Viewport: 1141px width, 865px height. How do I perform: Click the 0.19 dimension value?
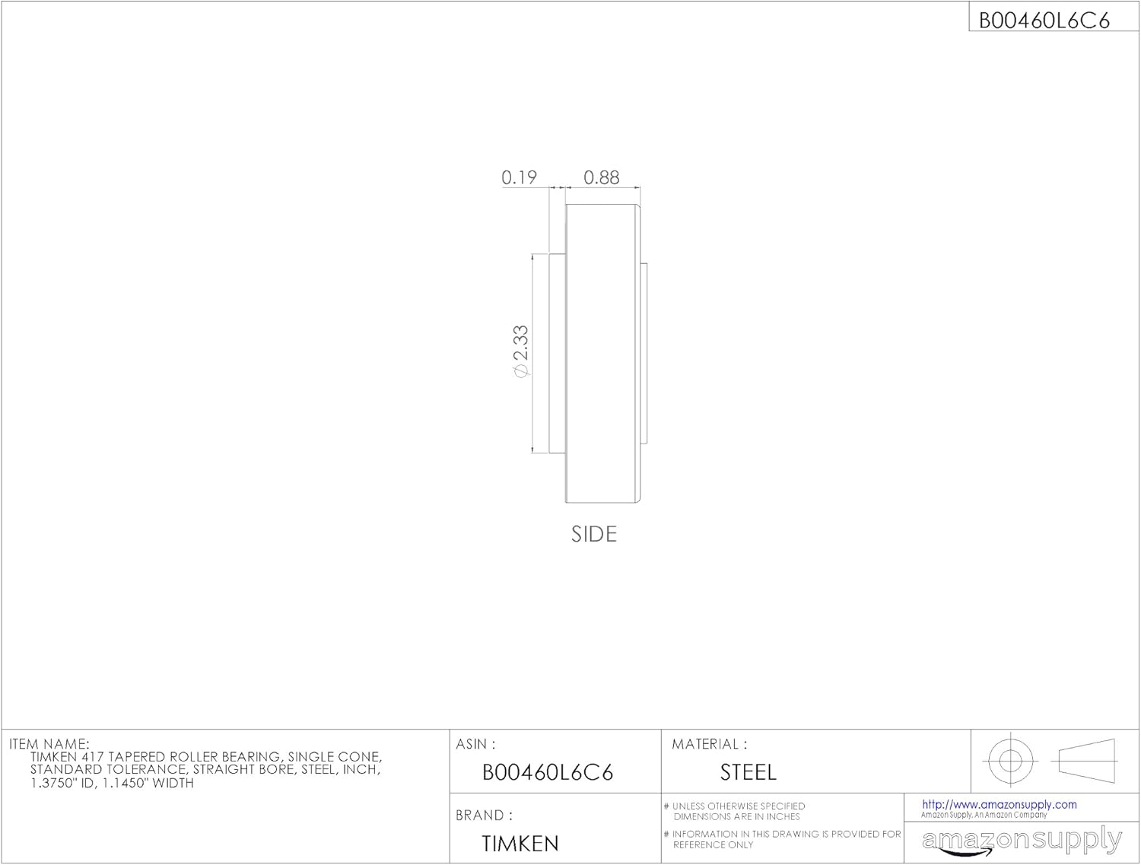(x=519, y=177)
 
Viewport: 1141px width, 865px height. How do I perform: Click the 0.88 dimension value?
(x=601, y=177)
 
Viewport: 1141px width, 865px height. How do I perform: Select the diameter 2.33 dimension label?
(x=520, y=351)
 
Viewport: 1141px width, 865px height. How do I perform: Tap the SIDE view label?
(x=593, y=534)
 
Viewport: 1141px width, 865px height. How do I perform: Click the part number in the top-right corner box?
(x=1044, y=21)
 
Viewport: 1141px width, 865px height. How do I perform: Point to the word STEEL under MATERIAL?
(x=748, y=773)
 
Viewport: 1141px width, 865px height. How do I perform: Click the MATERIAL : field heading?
(x=709, y=744)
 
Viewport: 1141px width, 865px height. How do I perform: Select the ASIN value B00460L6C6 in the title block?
(x=548, y=773)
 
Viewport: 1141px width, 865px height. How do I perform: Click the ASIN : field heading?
(x=475, y=744)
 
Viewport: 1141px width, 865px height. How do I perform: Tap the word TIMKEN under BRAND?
(x=520, y=844)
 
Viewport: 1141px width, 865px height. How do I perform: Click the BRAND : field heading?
(x=484, y=816)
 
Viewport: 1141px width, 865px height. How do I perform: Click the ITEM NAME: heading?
(x=49, y=744)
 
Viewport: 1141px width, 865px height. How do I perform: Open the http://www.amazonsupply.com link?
(x=999, y=804)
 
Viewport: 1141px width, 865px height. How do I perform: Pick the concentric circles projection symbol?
(x=1009, y=760)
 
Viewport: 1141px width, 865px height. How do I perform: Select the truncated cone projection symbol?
(x=1087, y=760)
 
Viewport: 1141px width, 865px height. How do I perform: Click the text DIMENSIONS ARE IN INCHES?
(x=736, y=816)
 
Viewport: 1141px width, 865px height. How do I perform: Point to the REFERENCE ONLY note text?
(x=713, y=844)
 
